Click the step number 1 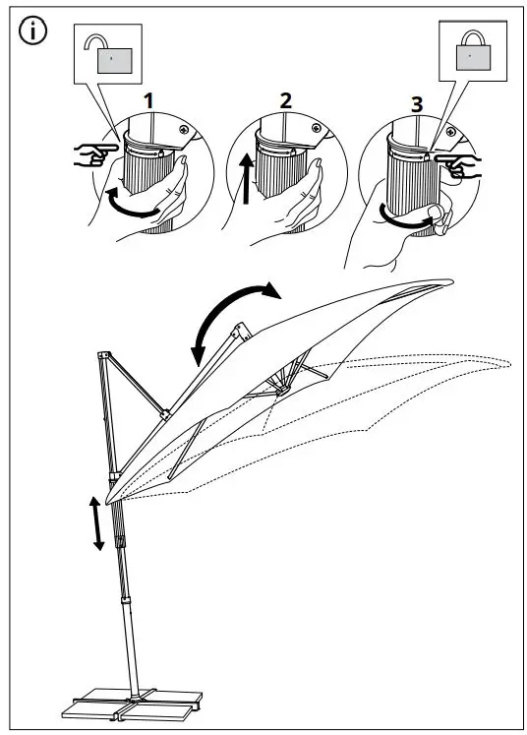coord(148,101)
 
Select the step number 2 coord(285,100)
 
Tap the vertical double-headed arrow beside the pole coord(96,523)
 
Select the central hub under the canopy coord(282,390)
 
